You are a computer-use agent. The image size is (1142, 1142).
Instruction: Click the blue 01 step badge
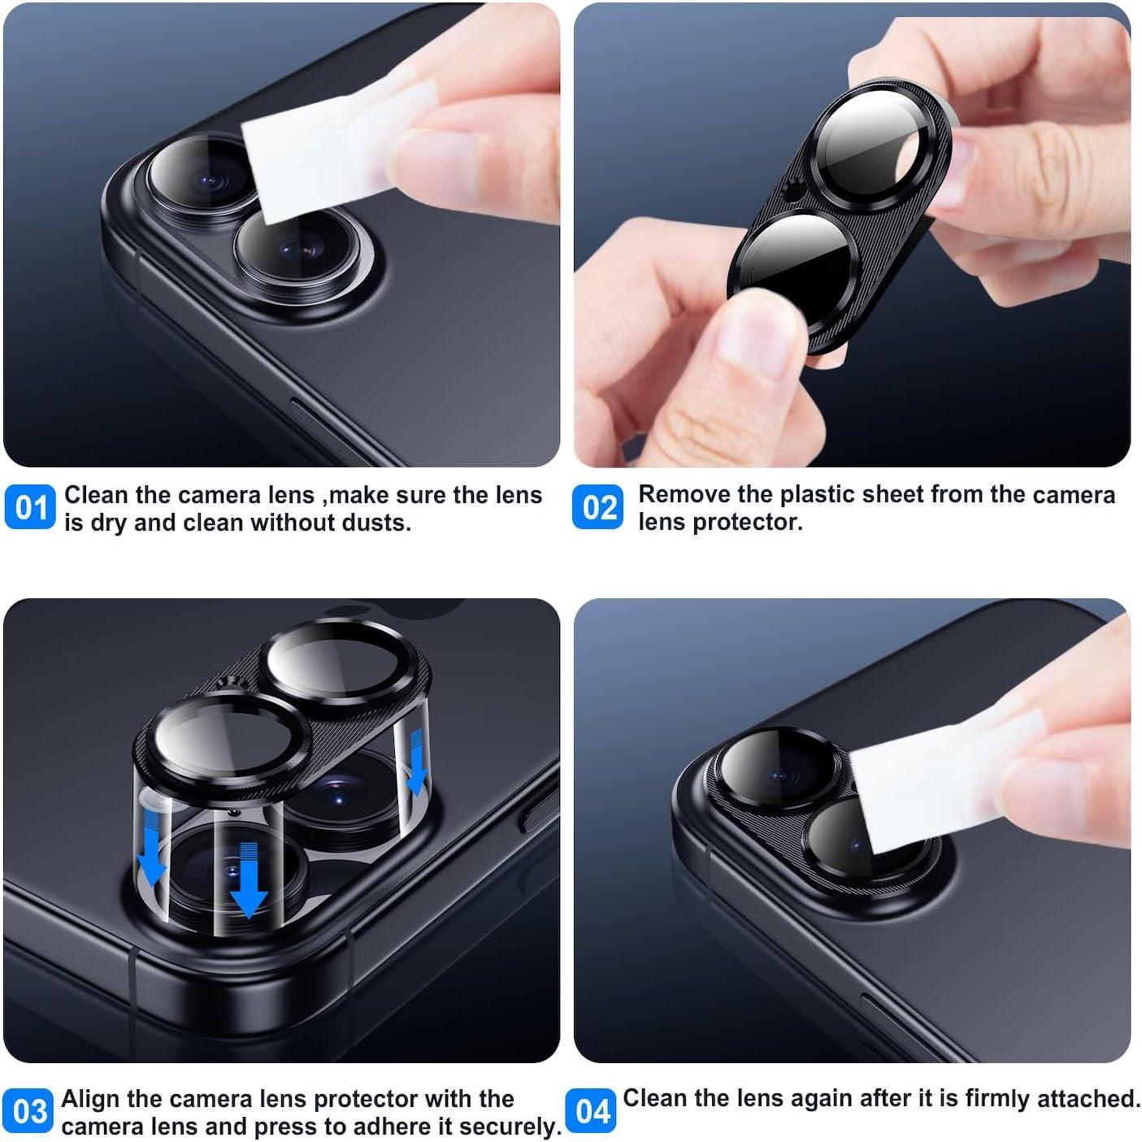(30, 508)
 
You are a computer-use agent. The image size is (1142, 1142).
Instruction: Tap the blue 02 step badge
(598, 508)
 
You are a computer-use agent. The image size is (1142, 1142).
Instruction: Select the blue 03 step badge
(30, 1112)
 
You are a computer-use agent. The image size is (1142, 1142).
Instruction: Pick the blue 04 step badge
(591, 1112)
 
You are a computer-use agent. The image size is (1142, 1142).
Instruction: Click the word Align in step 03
(91, 1099)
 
